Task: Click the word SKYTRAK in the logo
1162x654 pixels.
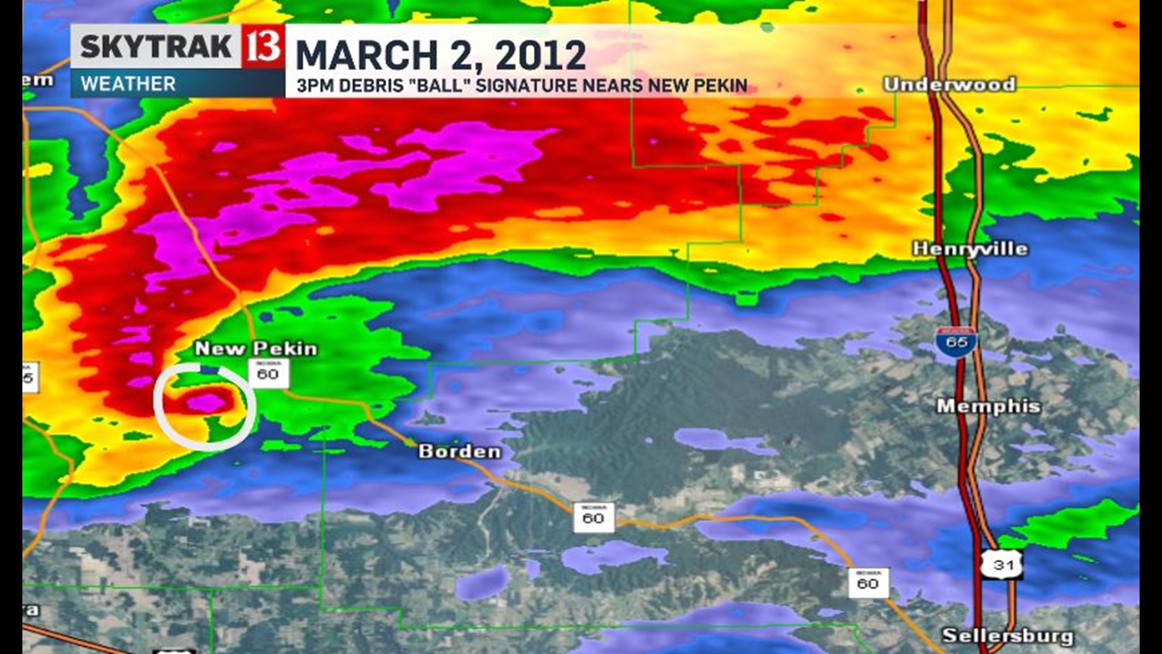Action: click(x=156, y=47)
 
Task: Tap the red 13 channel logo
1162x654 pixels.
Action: click(x=263, y=46)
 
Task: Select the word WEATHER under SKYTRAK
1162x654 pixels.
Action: click(x=128, y=84)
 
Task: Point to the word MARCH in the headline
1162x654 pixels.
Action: click(x=366, y=56)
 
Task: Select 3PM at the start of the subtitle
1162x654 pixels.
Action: click(x=315, y=86)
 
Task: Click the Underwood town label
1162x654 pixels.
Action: click(x=949, y=84)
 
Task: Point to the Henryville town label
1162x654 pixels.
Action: click(x=970, y=248)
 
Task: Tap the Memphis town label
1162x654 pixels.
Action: click(x=988, y=406)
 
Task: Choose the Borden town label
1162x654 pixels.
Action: click(x=460, y=451)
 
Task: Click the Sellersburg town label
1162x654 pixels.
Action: click(x=1008, y=636)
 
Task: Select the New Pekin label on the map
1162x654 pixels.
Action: click(x=256, y=349)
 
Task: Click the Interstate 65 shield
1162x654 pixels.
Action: click(x=956, y=342)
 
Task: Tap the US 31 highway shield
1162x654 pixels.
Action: click(x=1002, y=564)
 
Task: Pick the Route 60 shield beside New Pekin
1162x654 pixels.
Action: click(x=268, y=373)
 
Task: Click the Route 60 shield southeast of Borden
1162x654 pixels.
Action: click(x=593, y=517)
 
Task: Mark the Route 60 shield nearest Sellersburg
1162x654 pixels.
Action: click(x=868, y=583)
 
